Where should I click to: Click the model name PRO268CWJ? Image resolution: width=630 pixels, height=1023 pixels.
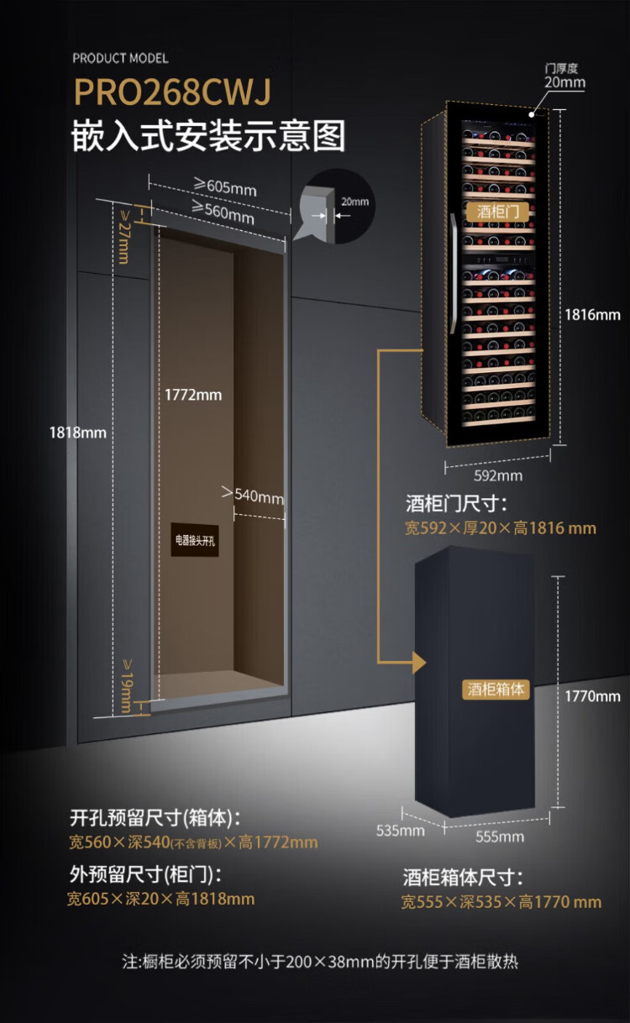172,93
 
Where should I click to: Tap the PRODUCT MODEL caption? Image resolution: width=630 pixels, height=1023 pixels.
120,58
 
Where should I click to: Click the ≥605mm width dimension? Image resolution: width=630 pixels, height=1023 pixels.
224,186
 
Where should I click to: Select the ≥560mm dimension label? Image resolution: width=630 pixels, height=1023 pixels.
223,212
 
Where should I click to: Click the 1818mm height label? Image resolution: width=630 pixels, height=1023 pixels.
78,433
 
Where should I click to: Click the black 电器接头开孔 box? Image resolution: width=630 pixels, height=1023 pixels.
195,542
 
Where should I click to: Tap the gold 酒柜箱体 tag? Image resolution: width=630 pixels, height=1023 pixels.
496,689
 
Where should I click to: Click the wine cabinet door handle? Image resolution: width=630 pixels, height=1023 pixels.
454,274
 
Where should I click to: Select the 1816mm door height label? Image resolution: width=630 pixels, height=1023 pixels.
591,315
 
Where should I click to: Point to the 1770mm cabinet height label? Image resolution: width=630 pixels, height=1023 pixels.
591,695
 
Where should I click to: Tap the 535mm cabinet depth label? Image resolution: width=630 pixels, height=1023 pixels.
401,831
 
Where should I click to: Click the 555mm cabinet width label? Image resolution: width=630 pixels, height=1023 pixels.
500,836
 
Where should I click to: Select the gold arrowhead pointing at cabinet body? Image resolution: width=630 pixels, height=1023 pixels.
419,663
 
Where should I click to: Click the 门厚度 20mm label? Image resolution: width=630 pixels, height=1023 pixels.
564,76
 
